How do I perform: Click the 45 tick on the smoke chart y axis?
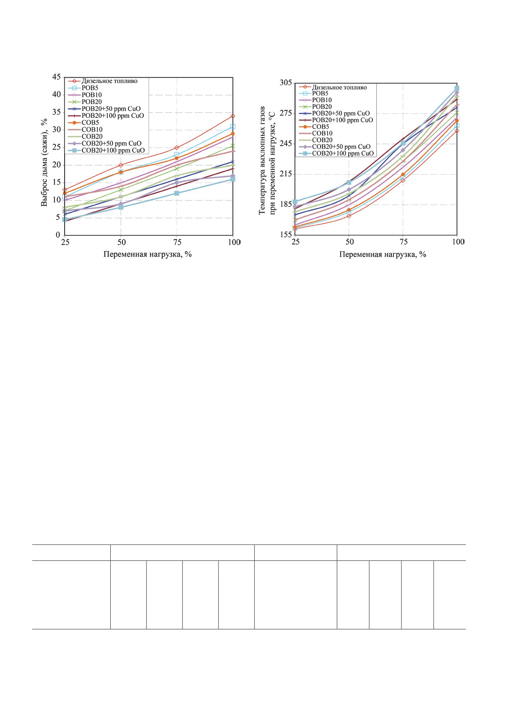[x=56, y=77]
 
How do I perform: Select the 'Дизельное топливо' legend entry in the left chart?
[x=109, y=81]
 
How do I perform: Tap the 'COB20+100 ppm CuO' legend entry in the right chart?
[x=342, y=154]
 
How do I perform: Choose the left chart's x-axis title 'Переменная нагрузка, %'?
[x=147, y=254]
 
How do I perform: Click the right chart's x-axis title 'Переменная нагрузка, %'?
[x=383, y=254]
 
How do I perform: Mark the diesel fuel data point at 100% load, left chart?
[x=233, y=116]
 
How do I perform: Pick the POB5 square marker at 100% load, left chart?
[x=233, y=127]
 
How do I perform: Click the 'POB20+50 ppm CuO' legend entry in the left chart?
[x=111, y=109]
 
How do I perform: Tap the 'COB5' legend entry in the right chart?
[x=320, y=127]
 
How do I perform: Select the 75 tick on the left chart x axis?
[x=177, y=242]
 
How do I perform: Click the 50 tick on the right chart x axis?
[x=349, y=242]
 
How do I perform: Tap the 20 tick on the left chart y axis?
[x=56, y=165]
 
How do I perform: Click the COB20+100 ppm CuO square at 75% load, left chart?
[x=177, y=193]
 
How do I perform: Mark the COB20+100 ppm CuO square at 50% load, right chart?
[x=349, y=182]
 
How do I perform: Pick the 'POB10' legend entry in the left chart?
[x=91, y=95]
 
